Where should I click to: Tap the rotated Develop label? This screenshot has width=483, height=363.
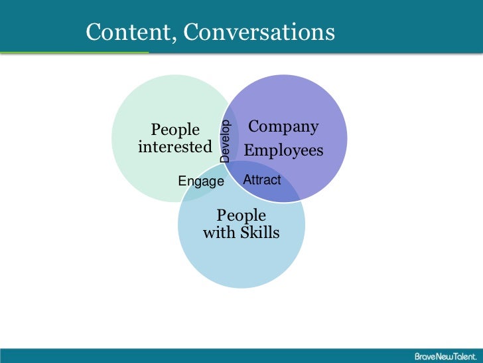(226, 141)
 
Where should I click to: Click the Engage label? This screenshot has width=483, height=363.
(202, 181)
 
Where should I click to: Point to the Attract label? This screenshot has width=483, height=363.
(262, 180)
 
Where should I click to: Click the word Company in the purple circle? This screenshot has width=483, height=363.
(283, 127)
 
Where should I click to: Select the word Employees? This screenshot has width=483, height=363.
(283, 151)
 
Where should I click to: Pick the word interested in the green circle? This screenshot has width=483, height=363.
(174, 147)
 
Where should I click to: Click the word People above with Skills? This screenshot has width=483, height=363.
(241, 215)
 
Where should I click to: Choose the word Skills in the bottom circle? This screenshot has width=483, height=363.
(259, 233)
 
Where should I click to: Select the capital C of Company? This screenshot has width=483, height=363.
(253, 127)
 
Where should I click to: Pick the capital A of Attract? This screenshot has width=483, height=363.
(247, 180)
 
